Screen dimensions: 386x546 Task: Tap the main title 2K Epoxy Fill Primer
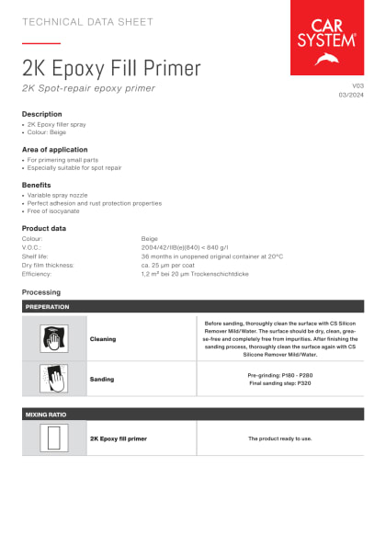(x=111, y=67)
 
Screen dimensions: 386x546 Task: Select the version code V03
(x=358, y=85)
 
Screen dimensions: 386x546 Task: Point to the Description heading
(x=42, y=114)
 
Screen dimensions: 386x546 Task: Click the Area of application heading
(x=55, y=149)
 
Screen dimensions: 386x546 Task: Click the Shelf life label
(x=37, y=256)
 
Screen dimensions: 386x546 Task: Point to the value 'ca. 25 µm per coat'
(x=172, y=265)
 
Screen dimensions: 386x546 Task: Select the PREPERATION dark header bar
(x=193, y=306)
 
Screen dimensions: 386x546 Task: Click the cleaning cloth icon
(x=54, y=338)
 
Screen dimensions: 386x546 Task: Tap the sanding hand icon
(x=54, y=379)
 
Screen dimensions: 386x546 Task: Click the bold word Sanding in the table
(x=102, y=379)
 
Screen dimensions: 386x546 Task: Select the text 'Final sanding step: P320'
(x=279, y=382)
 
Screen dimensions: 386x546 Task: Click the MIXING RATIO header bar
(x=193, y=415)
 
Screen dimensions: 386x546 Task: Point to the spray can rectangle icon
(x=54, y=438)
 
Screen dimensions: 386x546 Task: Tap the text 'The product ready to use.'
(x=279, y=438)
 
